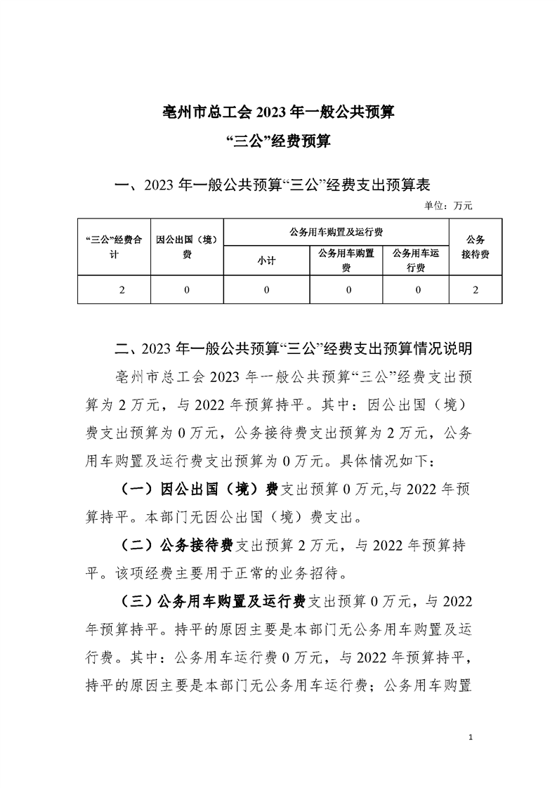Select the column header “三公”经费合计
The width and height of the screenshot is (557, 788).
pos(114,247)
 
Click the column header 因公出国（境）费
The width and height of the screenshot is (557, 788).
pos(187,247)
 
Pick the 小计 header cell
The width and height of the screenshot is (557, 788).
pos(266,261)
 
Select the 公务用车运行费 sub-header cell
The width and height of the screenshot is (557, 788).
pos(417,260)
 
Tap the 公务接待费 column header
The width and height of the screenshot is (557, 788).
pos(476,247)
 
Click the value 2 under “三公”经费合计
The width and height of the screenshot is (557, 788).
pos(122,289)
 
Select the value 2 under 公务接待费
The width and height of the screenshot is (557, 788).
pos(476,289)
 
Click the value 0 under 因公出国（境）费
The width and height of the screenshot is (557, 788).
pos(187,289)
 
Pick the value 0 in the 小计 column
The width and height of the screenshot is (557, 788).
pos(266,289)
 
